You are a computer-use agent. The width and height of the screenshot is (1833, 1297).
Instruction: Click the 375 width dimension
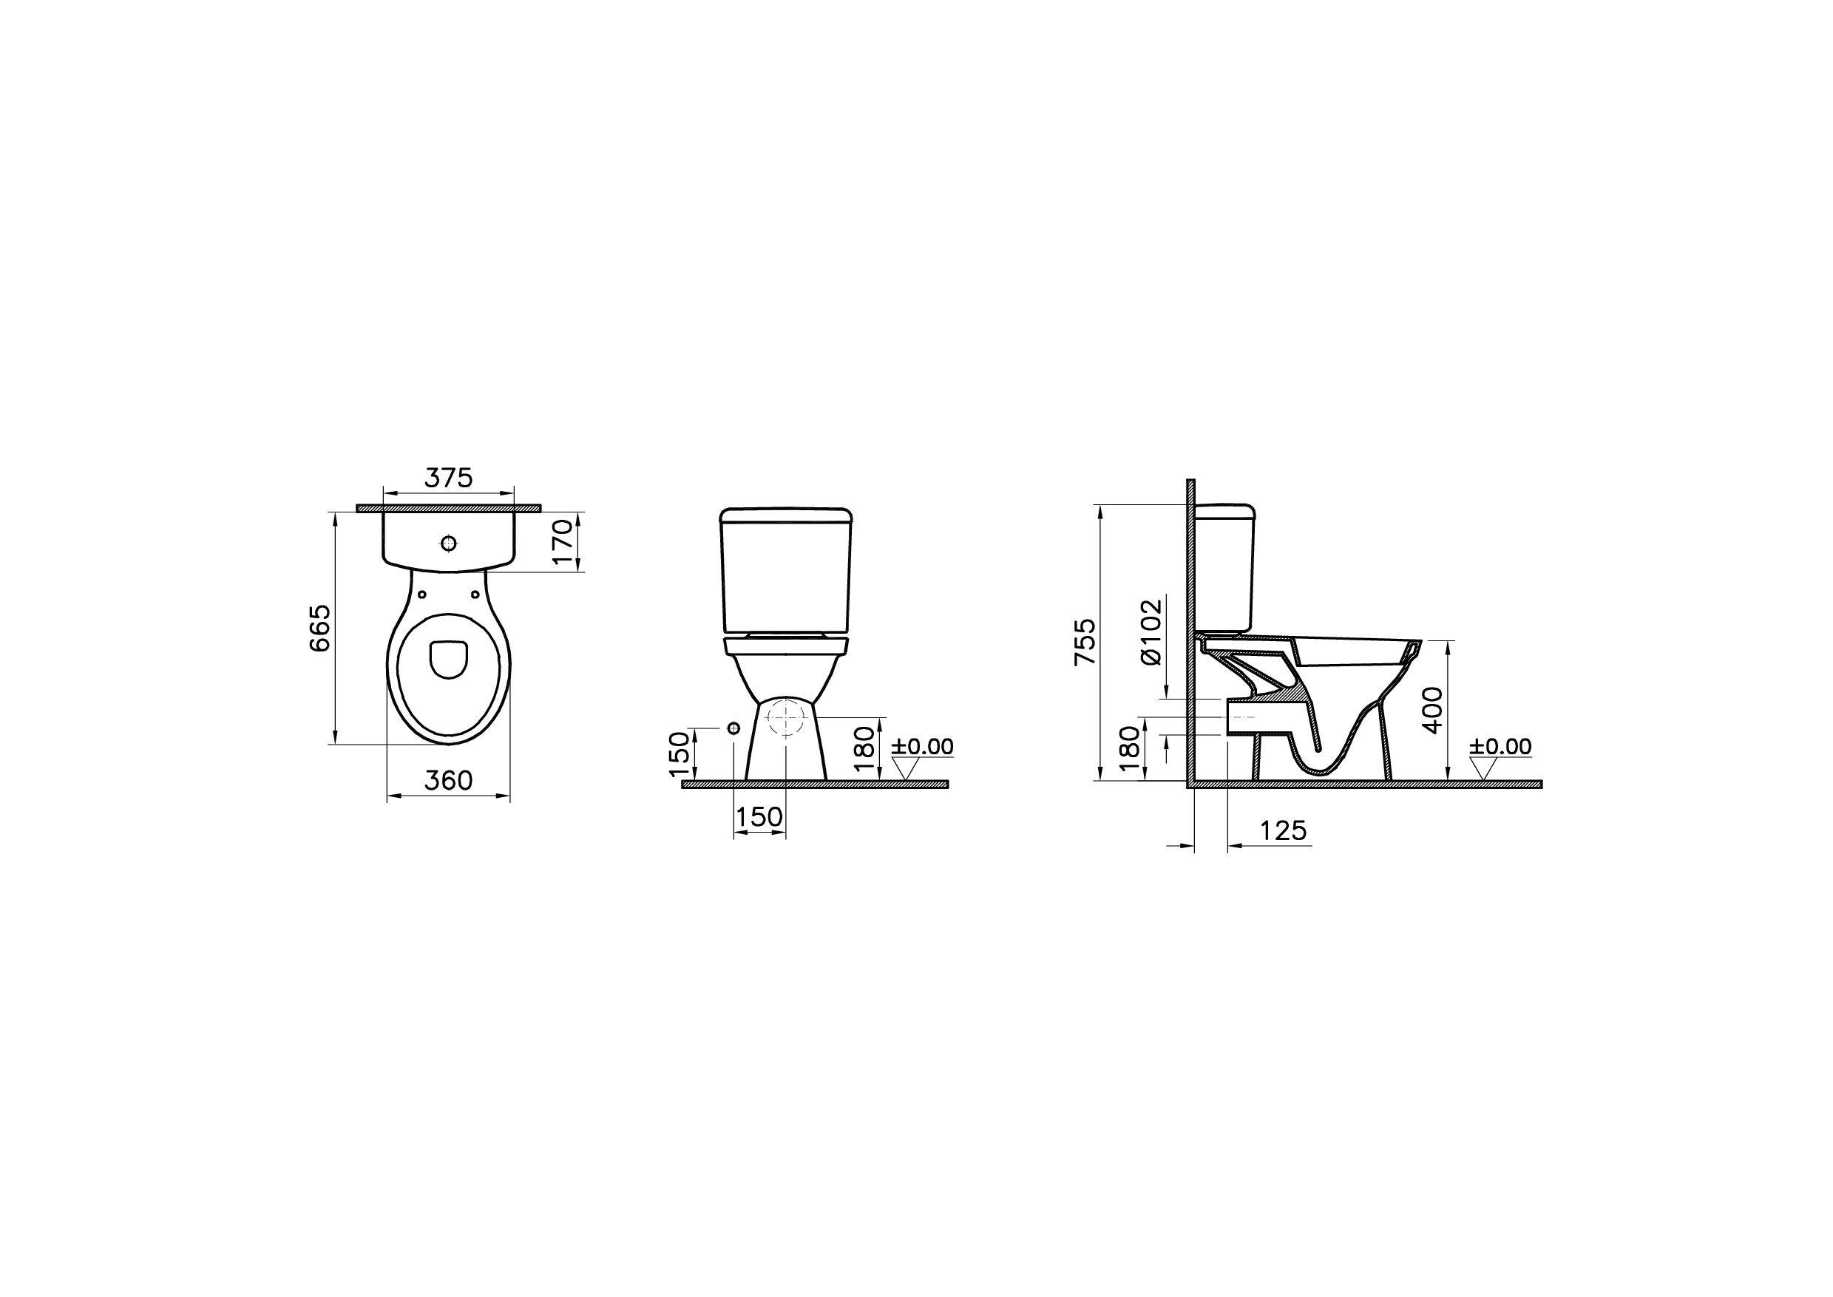448,478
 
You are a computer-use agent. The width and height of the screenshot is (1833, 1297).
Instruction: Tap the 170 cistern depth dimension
564,541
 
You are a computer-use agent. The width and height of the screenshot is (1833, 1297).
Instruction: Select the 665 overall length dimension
319,628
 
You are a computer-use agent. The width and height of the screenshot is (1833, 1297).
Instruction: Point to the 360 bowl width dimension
448,780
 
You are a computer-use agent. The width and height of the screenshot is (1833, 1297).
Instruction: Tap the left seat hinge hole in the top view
422,595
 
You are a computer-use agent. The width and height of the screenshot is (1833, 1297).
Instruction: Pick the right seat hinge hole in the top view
475,595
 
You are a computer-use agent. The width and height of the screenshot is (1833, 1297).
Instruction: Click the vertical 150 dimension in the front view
679,754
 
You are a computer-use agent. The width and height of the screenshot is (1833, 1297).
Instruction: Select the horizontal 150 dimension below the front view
759,816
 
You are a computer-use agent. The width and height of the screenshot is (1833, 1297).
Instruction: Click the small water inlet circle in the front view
733,728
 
